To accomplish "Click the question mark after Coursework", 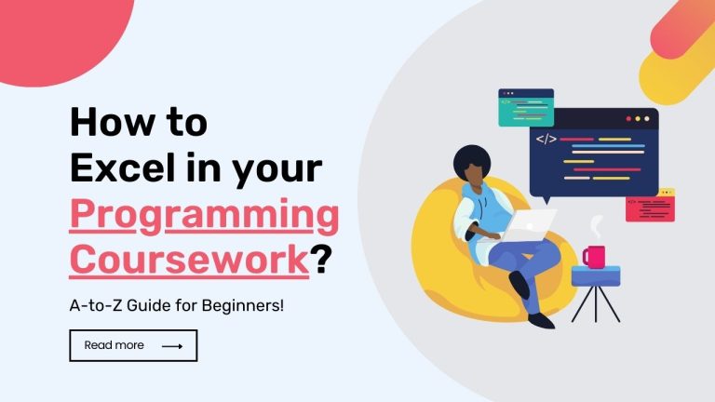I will (321, 259).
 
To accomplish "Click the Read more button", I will (133, 345).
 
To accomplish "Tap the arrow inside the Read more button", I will (172, 346).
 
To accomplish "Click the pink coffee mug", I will (593, 256).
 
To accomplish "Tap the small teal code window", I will (525, 107).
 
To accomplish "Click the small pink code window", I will (650, 206).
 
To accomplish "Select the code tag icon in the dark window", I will (546, 140).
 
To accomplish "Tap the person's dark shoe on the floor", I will (540, 319).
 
